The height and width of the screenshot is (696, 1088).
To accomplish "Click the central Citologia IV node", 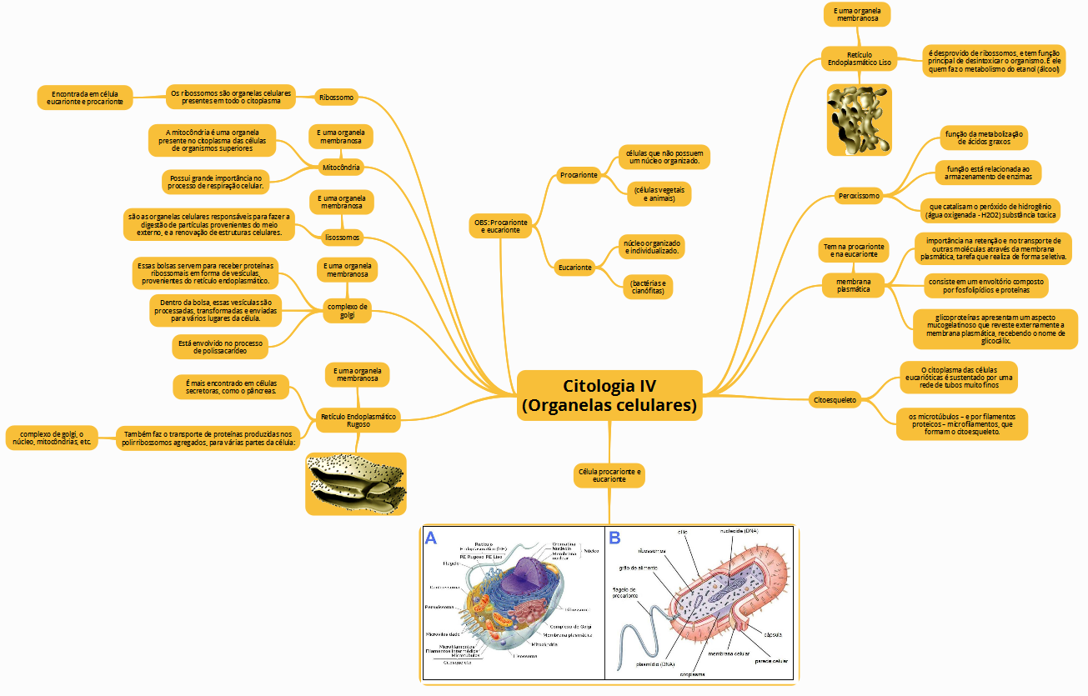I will coord(609,396).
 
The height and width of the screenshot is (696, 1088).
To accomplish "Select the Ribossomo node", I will coord(336,98).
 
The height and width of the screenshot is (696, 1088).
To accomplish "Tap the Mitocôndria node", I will coord(341,168).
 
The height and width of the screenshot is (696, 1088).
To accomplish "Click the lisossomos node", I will coord(342,238).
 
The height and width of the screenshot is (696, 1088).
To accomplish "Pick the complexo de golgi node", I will coord(348,311).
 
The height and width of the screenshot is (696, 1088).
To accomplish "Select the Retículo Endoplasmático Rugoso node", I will coord(358,420).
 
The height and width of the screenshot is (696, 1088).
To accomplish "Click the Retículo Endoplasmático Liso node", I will coord(859,58).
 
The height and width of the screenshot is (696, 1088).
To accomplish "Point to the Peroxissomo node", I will coord(858,197).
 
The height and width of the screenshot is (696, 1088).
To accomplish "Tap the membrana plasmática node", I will coord(853,284).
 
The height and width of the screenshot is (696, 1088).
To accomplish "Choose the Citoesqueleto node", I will coord(835,400).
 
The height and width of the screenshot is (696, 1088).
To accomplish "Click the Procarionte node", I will coord(579,175).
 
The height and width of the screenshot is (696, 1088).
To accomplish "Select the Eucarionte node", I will coord(575,268).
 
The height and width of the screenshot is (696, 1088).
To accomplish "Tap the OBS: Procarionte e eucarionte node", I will coord(500,226).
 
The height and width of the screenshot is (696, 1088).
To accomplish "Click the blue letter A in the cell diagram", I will coord(431,538).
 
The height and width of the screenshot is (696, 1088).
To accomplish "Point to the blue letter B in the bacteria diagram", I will coord(614,538).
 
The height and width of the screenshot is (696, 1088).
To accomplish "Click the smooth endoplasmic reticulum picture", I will coord(859,119).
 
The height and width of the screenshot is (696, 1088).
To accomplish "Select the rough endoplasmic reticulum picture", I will coord(356,483).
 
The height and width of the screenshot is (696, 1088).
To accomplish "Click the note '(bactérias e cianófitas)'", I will coord(648,288).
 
